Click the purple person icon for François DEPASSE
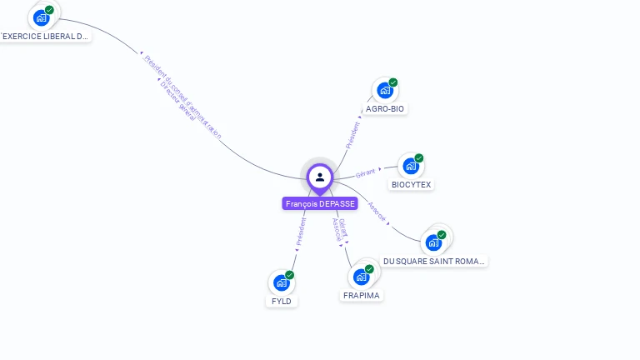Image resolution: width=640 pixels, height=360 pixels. [320, 177]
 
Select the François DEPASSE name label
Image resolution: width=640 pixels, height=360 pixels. [320, 203]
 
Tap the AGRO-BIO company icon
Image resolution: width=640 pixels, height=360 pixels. [384, 90]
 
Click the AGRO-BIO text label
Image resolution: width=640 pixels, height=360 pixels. [386, 109]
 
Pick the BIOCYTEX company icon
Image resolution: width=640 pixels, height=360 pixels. [410, 166]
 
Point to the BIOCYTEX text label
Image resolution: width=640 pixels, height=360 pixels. [412, 184]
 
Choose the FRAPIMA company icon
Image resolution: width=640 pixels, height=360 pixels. [361, 277]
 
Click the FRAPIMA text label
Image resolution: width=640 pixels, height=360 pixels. [362, 296]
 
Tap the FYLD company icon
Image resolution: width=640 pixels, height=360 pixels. [281, 282]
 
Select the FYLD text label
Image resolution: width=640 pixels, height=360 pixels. [282, 301]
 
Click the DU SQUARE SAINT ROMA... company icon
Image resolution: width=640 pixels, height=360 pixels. [433, 242]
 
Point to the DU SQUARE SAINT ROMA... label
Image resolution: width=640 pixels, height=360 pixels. [433, 261]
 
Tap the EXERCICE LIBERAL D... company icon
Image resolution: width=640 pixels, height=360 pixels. [41, 17]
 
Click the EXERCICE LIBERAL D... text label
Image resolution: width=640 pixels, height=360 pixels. [45, 37]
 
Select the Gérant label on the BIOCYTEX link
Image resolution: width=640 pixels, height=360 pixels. [365, 174]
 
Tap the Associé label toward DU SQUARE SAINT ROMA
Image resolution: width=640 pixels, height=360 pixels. [377, 212]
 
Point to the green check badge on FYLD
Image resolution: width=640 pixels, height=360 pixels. [289, 275]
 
